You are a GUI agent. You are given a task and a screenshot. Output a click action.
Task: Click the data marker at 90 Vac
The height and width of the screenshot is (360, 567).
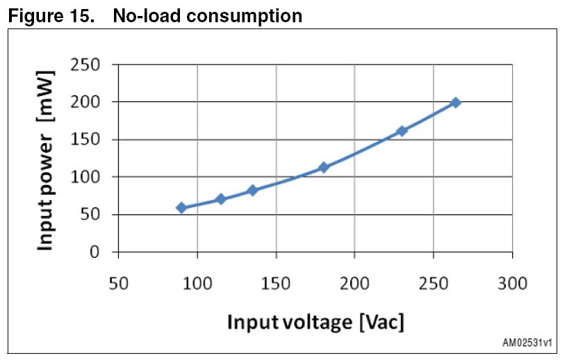point(181,208)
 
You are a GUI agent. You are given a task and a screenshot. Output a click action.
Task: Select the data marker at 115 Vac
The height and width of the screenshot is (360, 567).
point(221,199)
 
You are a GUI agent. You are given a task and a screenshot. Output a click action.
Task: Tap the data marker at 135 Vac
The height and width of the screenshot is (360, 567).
point(252,190)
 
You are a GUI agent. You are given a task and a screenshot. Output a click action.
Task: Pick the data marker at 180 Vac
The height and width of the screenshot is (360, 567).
point(323,167)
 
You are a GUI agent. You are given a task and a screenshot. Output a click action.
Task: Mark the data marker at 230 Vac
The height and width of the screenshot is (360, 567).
point(402,131)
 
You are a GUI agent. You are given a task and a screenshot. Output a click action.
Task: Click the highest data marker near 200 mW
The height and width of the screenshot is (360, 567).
point(456,103)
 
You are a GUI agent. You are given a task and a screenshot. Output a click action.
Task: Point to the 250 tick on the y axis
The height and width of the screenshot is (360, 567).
point(85,65)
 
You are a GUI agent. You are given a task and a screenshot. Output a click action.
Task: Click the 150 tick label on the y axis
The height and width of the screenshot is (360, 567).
point(85,140)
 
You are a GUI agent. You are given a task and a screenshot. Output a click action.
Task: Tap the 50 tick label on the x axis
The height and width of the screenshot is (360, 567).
point(119,284)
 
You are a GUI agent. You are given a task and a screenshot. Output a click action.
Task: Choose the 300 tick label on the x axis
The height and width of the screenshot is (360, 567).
point(512,284)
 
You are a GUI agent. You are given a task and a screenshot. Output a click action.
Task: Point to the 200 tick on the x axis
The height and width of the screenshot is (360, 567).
point(354,284)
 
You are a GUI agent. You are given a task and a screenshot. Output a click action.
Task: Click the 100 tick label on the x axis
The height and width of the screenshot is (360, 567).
point(197,284)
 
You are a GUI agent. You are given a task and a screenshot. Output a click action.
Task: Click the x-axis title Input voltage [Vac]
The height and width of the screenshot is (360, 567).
point(315,322)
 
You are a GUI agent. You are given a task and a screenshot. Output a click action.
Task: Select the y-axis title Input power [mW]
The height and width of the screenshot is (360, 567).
point(46,160)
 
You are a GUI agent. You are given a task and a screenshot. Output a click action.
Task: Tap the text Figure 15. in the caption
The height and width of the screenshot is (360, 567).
point(51,15)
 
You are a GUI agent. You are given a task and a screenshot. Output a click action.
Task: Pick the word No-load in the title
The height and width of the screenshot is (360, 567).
point(142,15)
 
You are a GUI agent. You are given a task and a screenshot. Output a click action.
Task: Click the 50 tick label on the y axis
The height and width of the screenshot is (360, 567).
point(90,215)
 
